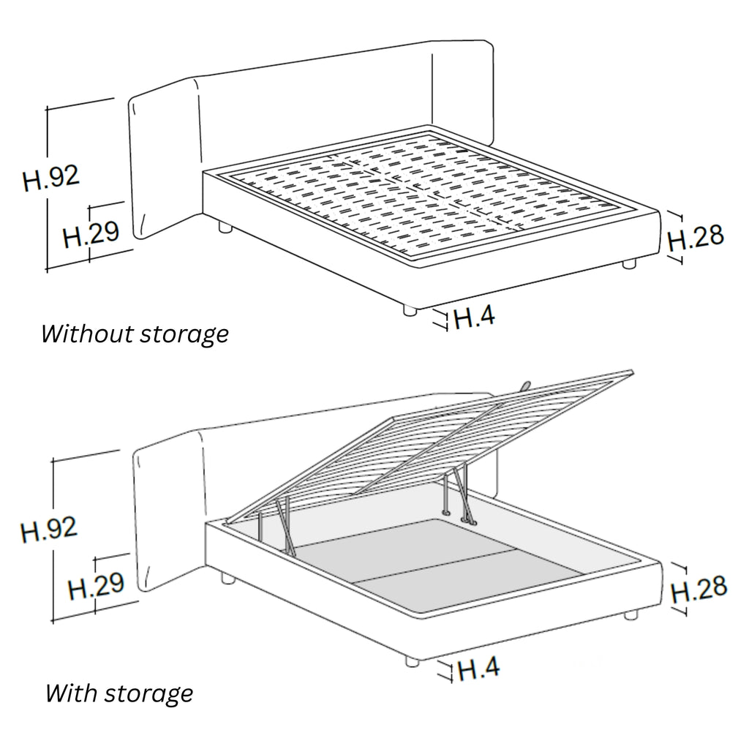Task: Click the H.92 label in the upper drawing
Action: click(x=51, y=178)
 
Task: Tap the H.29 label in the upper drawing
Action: click(x=91, y=233)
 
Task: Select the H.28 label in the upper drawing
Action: click(x=696, y=238)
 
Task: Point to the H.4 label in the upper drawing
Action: click(x=474, y=316)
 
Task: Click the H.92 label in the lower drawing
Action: click(x=49, y=530)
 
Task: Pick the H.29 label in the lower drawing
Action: click(x=96, y=586)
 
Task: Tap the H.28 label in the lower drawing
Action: click(x=699, y=589)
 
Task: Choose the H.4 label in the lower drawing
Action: click(x=478, y=668)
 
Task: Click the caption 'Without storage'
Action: click(x=135, y=334)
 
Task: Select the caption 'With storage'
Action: click(x=119, y=693)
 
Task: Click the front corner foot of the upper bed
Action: click(x=410, y=310)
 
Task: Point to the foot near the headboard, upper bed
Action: click(x=225, y=227)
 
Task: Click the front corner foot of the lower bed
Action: click(x=412, y=661)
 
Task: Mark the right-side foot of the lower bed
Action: click(x=631, y=614)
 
